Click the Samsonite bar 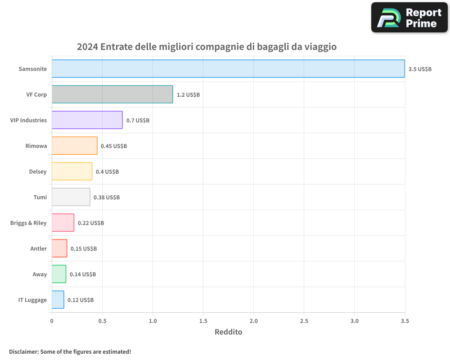[228, 69]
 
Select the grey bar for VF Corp [112, 94]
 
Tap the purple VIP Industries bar [87, 120]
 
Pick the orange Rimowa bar [74, 146]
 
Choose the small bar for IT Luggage [58, 300]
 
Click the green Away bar [58, 274]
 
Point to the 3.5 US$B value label [420, 69]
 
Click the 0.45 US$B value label [114, 146]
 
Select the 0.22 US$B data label [91, 223]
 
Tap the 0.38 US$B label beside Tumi [107, 198]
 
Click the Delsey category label [38, 171]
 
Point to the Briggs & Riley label [28, 223]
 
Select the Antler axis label [39, 248]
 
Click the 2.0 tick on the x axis [253, 321]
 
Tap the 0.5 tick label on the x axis [102, 321]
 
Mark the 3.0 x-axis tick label [355, 321]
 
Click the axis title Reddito [228, 332]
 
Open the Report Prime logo [409, 18]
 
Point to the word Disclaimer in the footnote [23, 351]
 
